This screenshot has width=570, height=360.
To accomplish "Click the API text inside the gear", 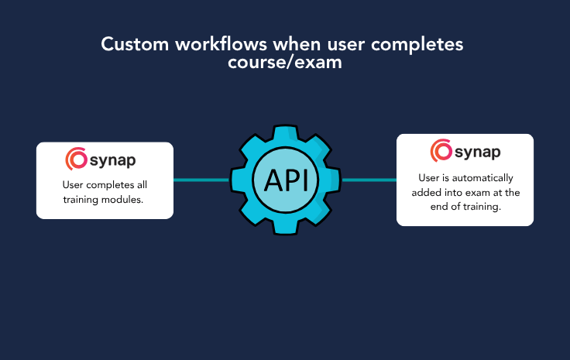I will click(286, 180).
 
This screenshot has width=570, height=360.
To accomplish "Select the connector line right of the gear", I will click(369, 180).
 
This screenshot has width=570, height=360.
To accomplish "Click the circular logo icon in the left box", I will click(77, 159).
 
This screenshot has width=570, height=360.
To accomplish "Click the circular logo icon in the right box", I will click(441, 151).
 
